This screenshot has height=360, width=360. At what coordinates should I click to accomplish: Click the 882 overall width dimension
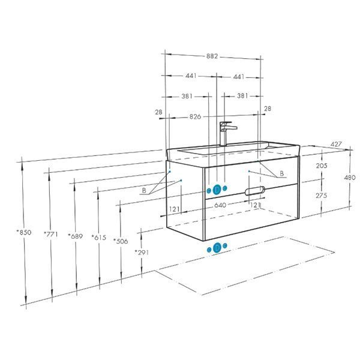coord(212,56)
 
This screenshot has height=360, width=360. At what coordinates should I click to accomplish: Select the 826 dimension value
coord(195,116)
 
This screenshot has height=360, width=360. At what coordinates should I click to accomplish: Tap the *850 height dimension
coord(24,232)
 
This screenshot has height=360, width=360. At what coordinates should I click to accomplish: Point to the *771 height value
coord(51,234)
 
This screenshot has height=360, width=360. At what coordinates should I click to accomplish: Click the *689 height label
coord(76,236)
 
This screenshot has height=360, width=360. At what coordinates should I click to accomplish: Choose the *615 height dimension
coord(99,238)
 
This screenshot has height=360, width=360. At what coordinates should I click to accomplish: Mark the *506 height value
coord(121,241)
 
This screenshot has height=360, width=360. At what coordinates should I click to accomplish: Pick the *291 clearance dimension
coord(142,253)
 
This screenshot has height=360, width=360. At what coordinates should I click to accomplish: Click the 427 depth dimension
coord(336,145)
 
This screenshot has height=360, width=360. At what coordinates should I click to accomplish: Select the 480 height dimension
coord(350,178)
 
